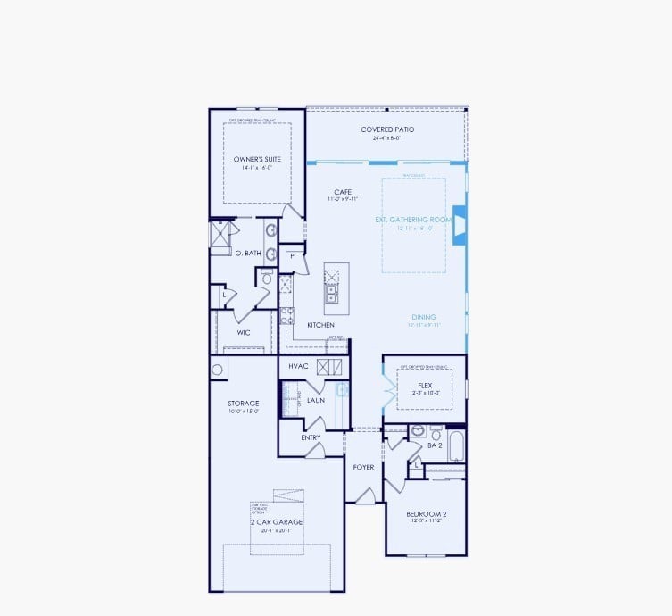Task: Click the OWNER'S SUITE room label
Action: click(x=257, y=159)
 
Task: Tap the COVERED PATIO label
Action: click(x=386, y=129)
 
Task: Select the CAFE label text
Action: click(x=343, y=192)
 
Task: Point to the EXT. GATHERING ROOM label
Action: click(x=414, y=219)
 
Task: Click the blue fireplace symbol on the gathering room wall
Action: click(x=459, y=225)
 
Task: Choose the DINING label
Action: click(x=424, y=317)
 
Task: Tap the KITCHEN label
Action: click(x=320, y=325)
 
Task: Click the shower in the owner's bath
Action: click(x=220, y=234)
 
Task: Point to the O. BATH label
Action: click(x=248, y=254)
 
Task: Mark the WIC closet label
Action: click(x=243, y=332)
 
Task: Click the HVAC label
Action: click(x=298, y=366)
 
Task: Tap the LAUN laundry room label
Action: click(x=315, y=401)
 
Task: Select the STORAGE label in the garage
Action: click(x=243, y=404)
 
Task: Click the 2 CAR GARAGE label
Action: click(x=276, y=521)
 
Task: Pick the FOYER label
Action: click(x=363, y=467)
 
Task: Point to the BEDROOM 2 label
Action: click(x=426, y=514)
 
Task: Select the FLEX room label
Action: click(x=425, y=386)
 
